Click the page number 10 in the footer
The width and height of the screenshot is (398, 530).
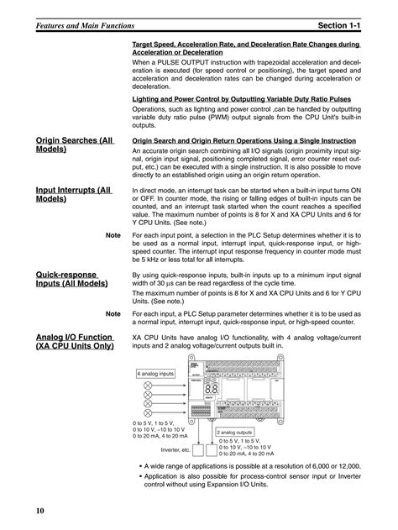[40, 511]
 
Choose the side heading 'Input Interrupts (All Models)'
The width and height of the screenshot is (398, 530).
[74, 196]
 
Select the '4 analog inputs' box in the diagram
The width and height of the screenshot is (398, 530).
[155, 373]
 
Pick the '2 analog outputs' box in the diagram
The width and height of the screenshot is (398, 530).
[238, 432]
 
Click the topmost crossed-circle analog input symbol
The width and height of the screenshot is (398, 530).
[149, 384]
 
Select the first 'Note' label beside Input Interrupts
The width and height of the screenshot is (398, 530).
[115, 237]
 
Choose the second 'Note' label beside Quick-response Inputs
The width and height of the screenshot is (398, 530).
[115, 312]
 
